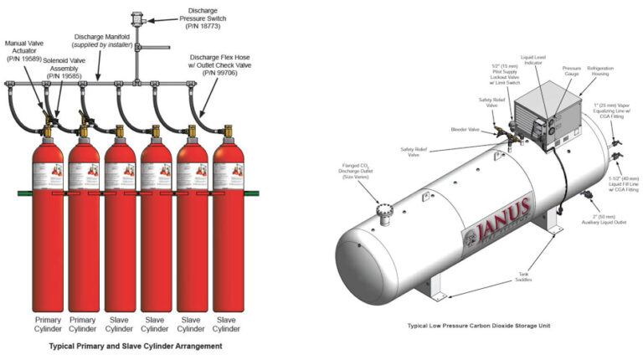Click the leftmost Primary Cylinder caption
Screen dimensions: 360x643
tap(48, 324)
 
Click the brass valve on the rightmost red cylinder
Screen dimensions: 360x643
tap(226, 131)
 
